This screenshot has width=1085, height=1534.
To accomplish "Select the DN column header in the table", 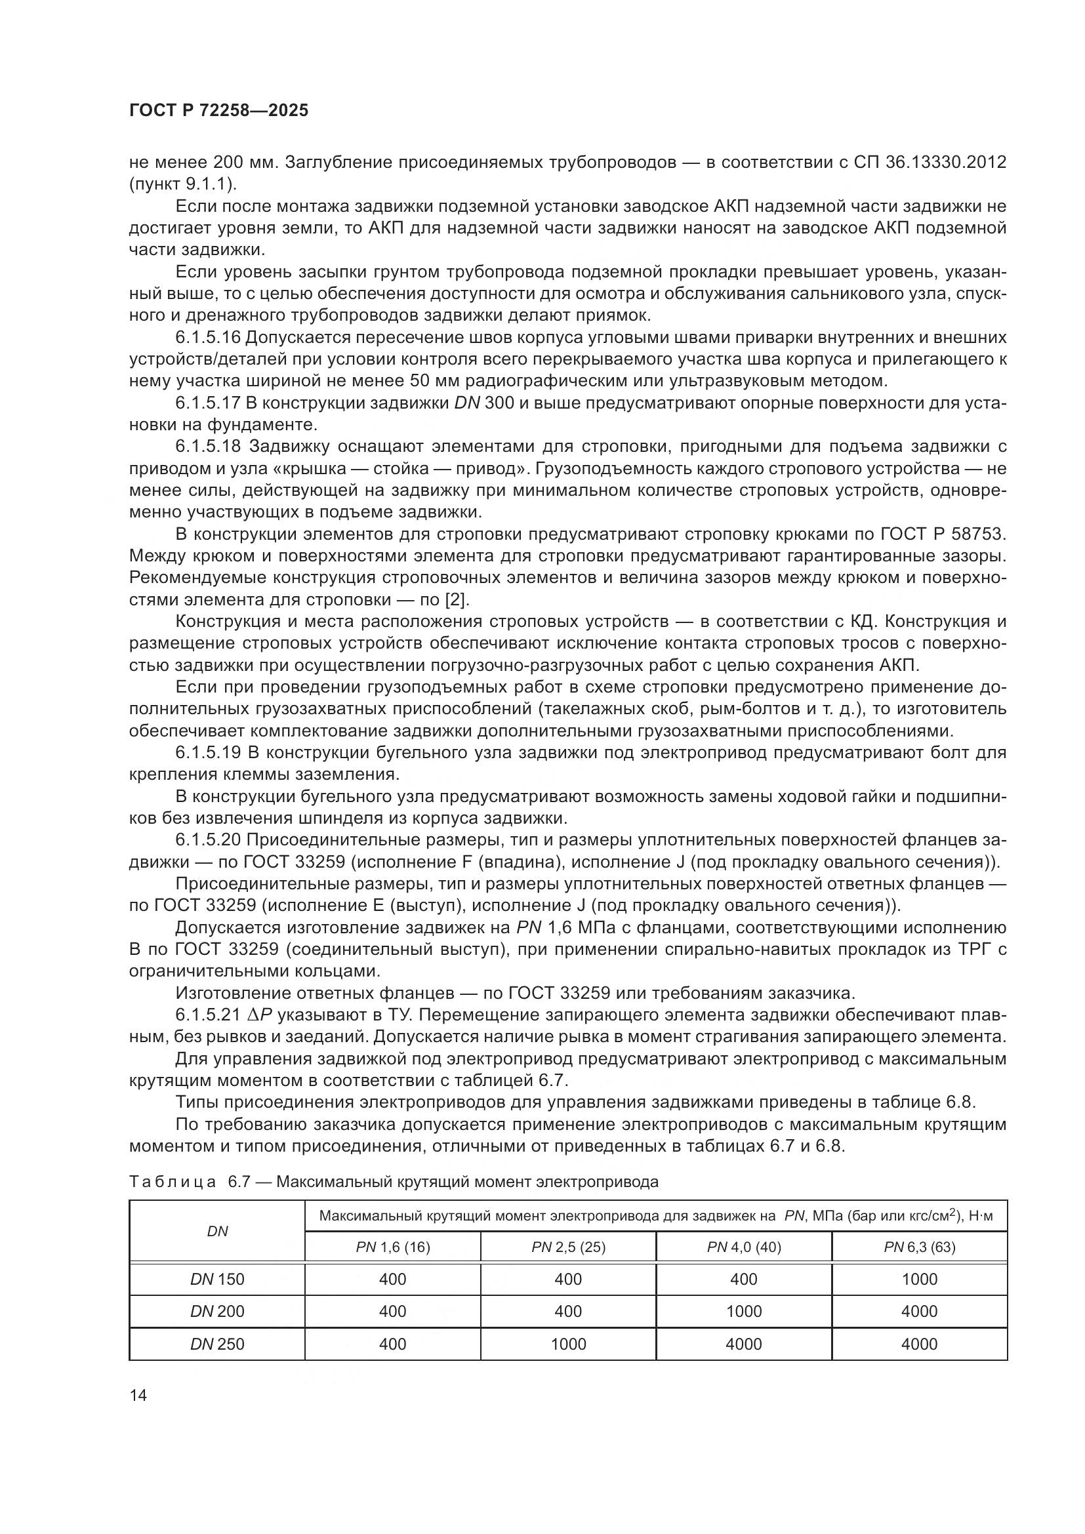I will click(217, 1230).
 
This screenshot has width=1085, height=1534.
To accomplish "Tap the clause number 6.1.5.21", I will click(207, 1015).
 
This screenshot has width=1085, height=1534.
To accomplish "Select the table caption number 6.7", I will click(238, 1182).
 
